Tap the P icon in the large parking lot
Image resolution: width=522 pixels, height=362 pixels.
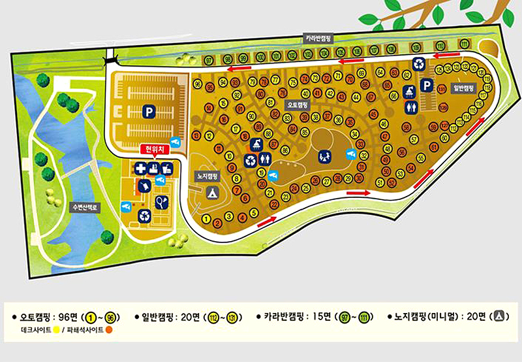click(149, 112)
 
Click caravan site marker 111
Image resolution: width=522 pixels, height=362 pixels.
click(464, 44)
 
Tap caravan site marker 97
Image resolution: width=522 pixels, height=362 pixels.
click(209, 61)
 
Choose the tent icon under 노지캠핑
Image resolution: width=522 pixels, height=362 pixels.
click(211, 193)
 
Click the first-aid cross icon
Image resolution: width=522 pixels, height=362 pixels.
click(141, 169)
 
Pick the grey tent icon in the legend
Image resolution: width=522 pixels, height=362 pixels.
click(499, 316)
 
